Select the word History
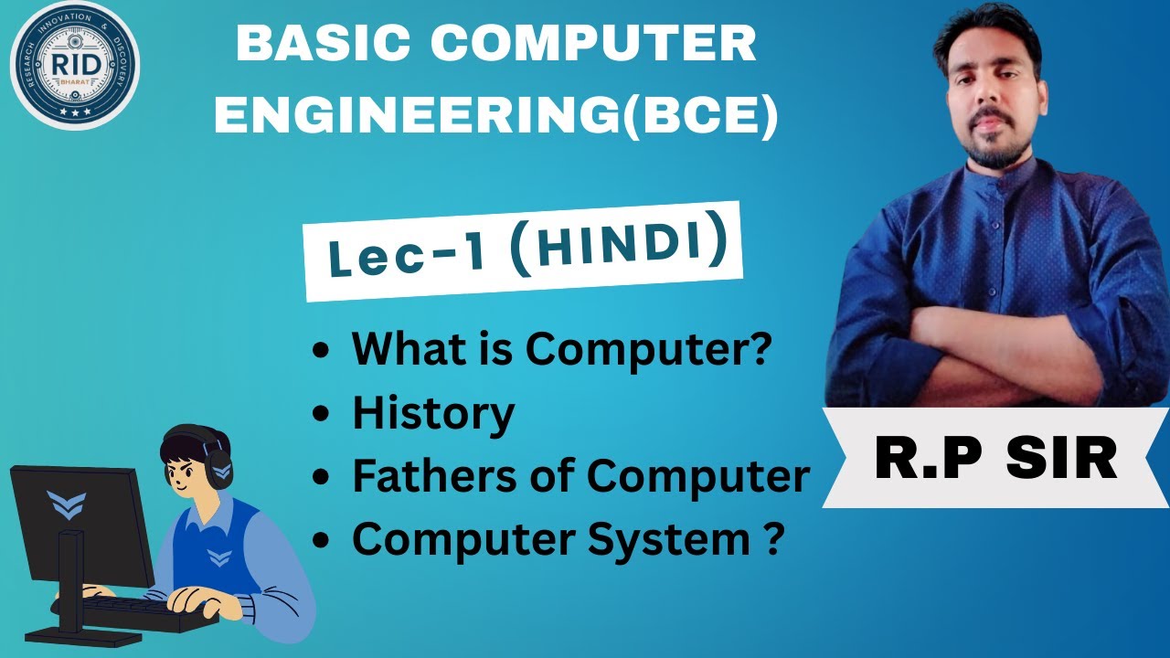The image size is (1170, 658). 433,414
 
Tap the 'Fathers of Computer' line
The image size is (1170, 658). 580,476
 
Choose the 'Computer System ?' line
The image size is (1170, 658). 567,539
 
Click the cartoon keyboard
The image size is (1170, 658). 146,610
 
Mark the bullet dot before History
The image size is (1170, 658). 320,415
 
